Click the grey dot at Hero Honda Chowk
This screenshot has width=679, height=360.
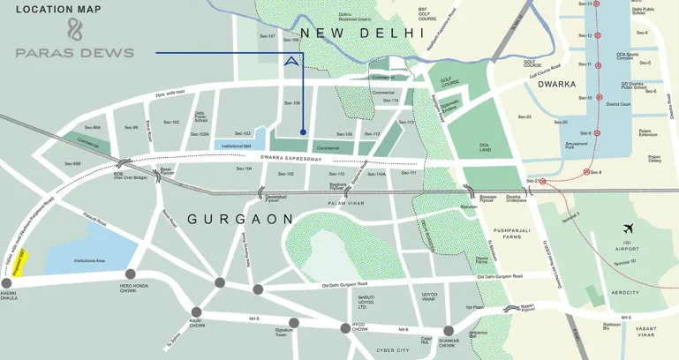click(131, 274)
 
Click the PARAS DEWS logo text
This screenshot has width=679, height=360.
click(74, 53)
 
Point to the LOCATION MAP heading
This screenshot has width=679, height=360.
click(58, 10)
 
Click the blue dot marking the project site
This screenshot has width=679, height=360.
click(303, 132)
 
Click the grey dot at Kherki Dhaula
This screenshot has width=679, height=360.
click(7, 283)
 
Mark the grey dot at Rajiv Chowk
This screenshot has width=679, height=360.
click(197, 311)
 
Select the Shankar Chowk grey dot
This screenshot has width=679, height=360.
click(449, 330)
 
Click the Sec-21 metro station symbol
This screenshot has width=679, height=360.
click(542, 181)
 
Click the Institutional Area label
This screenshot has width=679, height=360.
click(90, 261)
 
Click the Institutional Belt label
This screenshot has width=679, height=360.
click(237, 146)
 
